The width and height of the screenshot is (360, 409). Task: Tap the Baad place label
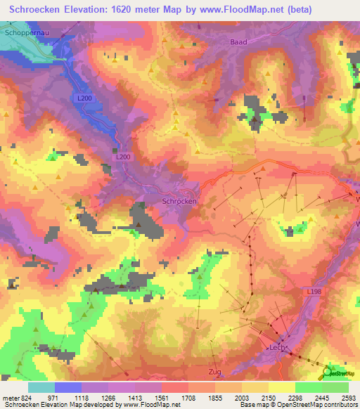[x=238, y=42]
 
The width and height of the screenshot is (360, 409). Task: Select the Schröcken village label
[x=179, y=201]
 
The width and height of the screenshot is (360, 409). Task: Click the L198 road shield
[x=314, y=290]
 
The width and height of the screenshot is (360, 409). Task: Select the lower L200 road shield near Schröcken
[x=122, y=157]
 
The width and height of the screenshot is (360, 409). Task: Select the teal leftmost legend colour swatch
[x=41, y=387]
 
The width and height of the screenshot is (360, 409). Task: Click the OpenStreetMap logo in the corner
[x=340, y=372]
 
